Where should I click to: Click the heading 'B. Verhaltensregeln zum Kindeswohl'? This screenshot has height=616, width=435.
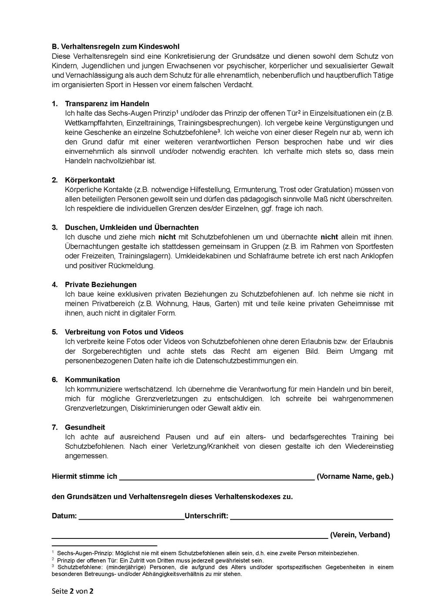click(115, 47)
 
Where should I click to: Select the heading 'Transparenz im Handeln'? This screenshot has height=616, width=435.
click(107, 104)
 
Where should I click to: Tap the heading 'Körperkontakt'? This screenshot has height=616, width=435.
click(90, 180)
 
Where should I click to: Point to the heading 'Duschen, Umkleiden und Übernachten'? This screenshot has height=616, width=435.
click(132, 227)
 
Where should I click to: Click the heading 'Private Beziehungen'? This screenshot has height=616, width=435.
click(100, 284)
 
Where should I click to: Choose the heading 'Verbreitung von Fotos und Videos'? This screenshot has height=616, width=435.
click(124, 332)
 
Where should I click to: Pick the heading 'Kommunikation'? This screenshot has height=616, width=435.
click(92, 379)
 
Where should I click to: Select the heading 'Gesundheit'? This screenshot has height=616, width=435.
click(85, 427)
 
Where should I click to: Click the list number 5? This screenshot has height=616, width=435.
click(54, 332)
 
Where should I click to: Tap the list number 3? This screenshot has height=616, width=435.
click(54, 227)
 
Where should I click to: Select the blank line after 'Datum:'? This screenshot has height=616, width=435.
click(131, 518)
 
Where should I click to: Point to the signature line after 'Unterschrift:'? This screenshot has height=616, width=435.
click(311, 518)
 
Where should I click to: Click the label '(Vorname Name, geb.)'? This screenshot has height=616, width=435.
click(355, 477)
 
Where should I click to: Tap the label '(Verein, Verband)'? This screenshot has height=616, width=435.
click(360, 535)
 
